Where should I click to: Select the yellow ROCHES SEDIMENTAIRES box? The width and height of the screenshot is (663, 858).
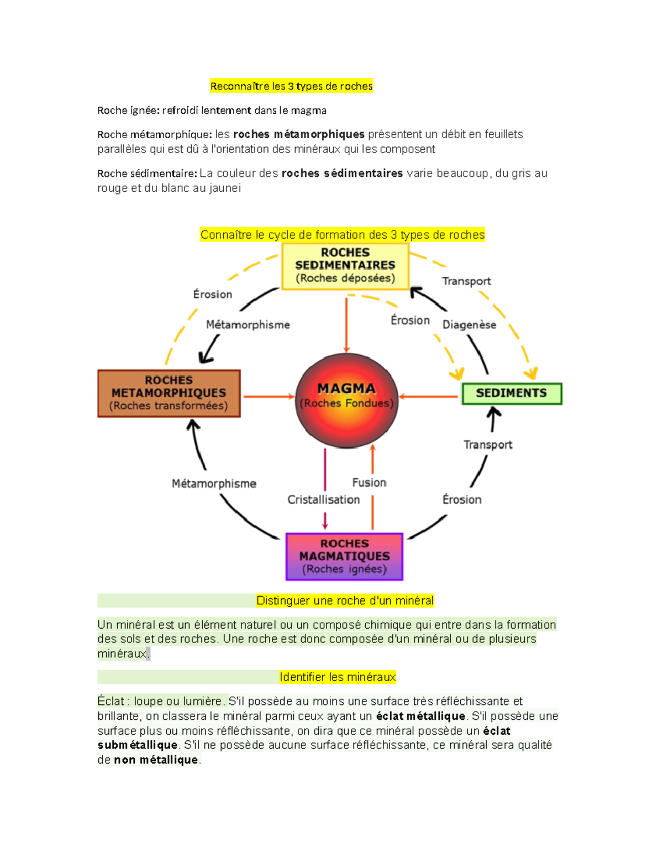coord(345,266)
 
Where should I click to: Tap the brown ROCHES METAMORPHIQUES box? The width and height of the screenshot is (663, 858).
coord(169,393)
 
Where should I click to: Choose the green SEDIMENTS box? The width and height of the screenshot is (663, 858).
coord(512,393)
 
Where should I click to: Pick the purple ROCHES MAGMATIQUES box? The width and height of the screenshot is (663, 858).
coord(344,556)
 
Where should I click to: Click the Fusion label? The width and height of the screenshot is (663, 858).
coord(369,483)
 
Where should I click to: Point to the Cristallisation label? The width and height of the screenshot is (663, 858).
coord(323,500)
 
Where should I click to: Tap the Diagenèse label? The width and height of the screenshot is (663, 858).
coord(469,325)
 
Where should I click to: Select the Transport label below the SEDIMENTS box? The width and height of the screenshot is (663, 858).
coord(488,445)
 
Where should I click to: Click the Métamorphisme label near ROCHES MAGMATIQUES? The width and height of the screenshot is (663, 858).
coord(214,484)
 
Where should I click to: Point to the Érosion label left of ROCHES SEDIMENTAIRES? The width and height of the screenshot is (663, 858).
coord(213,294)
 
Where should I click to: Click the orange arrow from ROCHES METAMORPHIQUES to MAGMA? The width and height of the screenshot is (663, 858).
coord(269,396)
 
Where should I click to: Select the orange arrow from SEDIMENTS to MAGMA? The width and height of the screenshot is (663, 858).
coord(429,396)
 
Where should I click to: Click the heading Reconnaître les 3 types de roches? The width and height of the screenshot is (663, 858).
coord(291,86)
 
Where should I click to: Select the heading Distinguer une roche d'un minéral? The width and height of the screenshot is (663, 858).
coord(345,601)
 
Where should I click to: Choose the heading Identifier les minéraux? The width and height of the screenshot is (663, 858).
coord(338,677)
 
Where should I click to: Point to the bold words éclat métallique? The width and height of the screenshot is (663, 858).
coord(420,717)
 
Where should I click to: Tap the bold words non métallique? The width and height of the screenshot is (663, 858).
coord(156,760)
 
